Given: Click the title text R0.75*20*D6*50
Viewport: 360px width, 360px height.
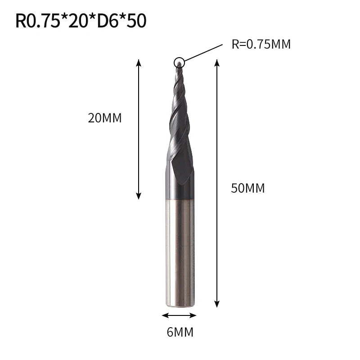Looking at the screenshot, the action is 81,21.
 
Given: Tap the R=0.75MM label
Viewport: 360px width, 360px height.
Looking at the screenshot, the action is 261,44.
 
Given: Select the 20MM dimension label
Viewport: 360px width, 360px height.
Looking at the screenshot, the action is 105,118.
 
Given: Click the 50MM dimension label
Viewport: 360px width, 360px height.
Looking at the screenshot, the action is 248,188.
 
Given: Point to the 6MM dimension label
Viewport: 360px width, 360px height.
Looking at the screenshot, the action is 180,332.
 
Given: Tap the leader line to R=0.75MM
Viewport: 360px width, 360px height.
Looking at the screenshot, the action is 204,53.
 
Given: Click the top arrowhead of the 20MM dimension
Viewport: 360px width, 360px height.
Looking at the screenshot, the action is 139,63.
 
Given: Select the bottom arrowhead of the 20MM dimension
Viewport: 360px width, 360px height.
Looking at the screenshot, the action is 139,196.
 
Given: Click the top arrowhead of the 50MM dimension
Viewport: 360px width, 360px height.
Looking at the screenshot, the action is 217,63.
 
